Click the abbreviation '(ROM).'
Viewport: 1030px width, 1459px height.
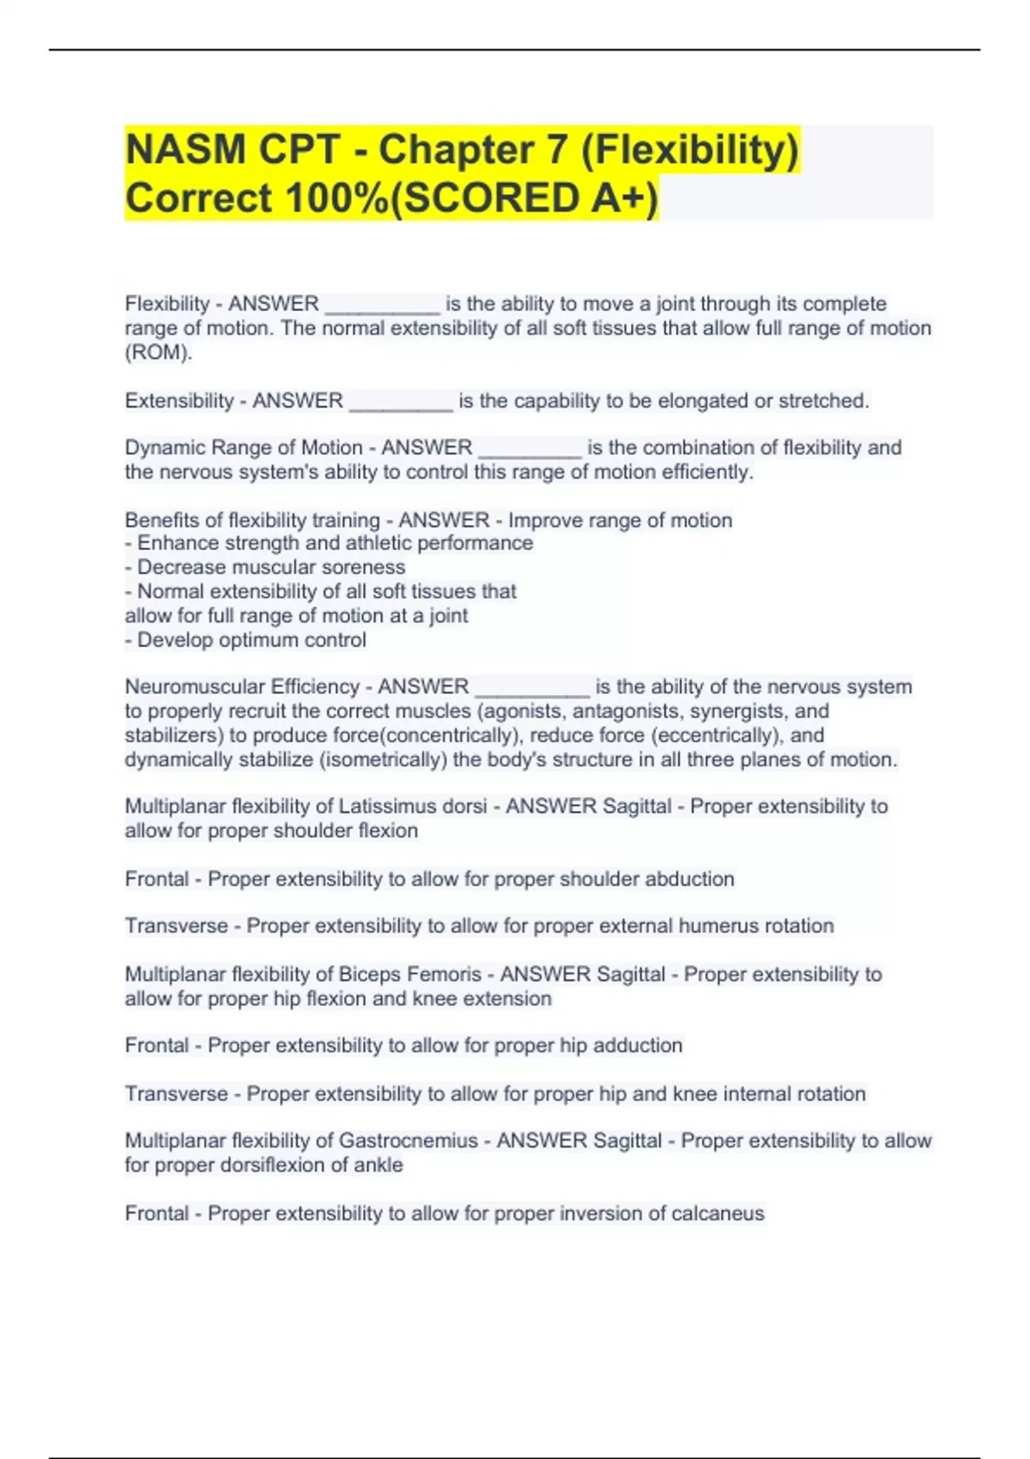[x=159, y=352]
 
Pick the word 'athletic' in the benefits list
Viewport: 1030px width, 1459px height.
[x=389, y=543]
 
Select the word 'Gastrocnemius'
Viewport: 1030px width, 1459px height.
[x=408, y=1141]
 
